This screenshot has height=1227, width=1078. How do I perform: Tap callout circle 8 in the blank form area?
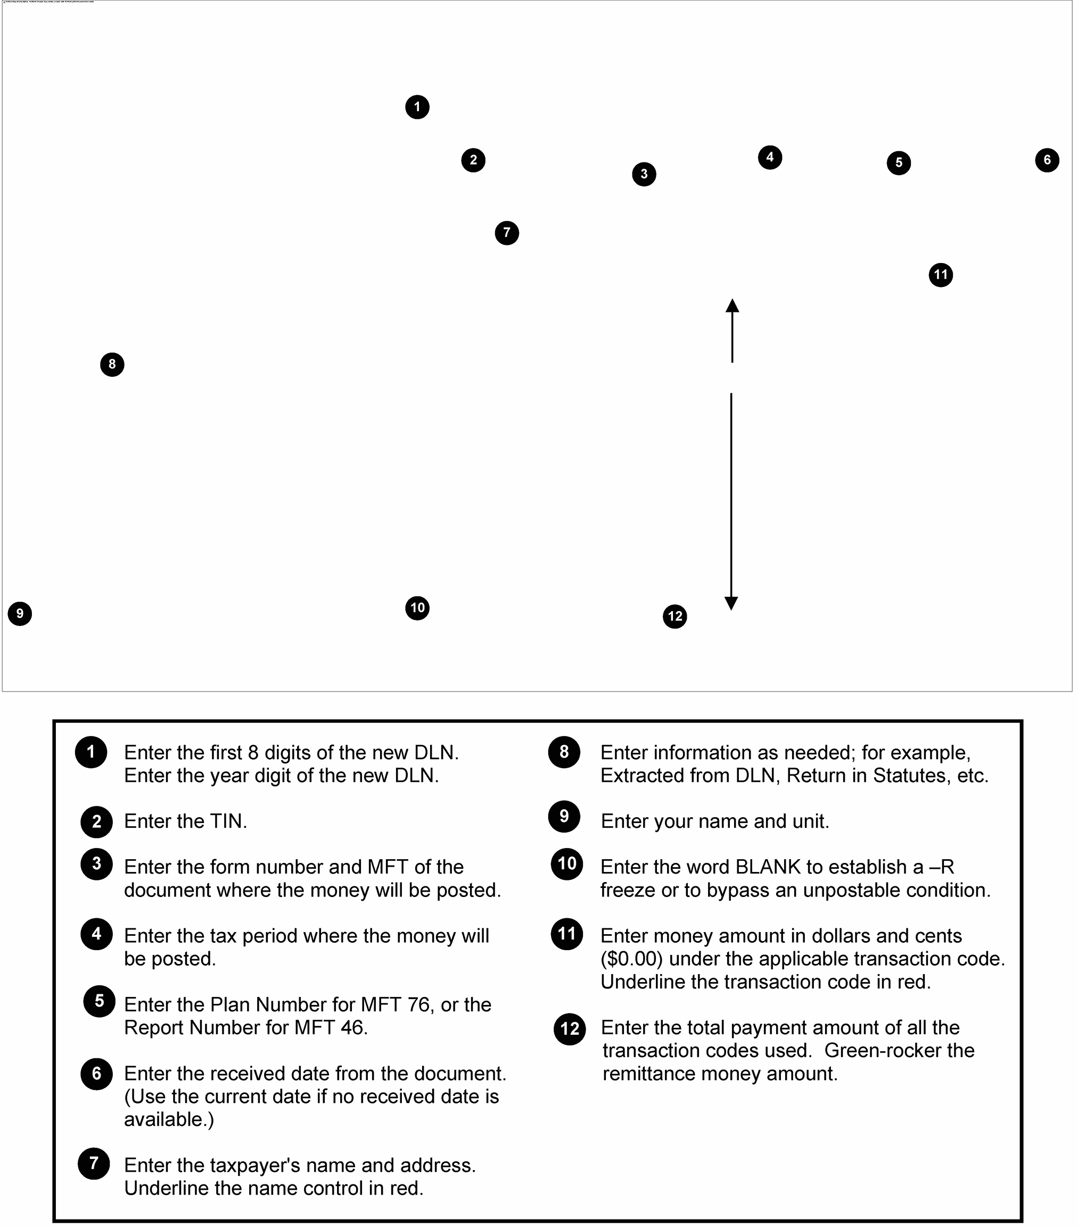[112, 365]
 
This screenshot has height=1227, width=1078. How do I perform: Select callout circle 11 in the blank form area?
[941, 275]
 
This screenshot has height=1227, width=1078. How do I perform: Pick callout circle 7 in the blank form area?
[507, 233]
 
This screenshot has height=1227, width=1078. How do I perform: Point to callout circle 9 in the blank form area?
[20, 613]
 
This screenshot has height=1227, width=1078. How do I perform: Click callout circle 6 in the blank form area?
[1047, 160]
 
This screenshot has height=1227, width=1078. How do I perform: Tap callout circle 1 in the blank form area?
[417, 108]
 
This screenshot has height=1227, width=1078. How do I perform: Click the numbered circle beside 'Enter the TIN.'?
[97, 822]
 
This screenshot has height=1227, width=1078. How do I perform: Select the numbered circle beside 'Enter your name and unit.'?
[564, 817]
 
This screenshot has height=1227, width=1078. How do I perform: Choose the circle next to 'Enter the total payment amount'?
[570, 1029]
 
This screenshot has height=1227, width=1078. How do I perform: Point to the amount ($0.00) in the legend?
[631, 959]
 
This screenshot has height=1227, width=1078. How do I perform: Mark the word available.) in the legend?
[169, 1119]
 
